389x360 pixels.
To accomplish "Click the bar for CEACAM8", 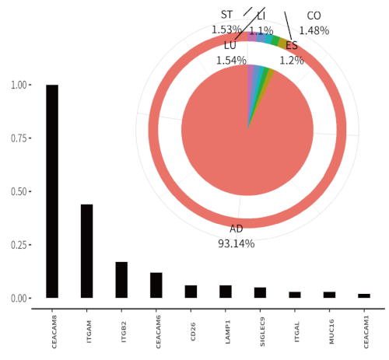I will [x=52, y=190].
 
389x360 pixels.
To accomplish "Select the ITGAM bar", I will [x=87, y=250].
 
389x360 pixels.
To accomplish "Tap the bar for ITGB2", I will [x=121, y=279].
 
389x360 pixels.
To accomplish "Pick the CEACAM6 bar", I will [x=156, y=285].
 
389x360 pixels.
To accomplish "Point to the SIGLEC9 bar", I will [x=260, y=292].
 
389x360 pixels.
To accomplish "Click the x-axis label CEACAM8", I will [x=53, y=330].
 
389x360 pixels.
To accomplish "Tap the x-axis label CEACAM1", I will [x=365, y=330].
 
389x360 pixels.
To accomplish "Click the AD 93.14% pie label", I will [x=236, y=236].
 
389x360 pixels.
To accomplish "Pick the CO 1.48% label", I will [x=314, y=23].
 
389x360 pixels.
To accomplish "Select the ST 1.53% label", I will [x=226, y=22].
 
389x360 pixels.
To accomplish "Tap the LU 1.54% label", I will [x=230, y=52].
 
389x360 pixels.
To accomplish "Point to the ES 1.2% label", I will [x=292, y=53].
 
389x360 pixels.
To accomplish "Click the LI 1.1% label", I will [x=261, y=23].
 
